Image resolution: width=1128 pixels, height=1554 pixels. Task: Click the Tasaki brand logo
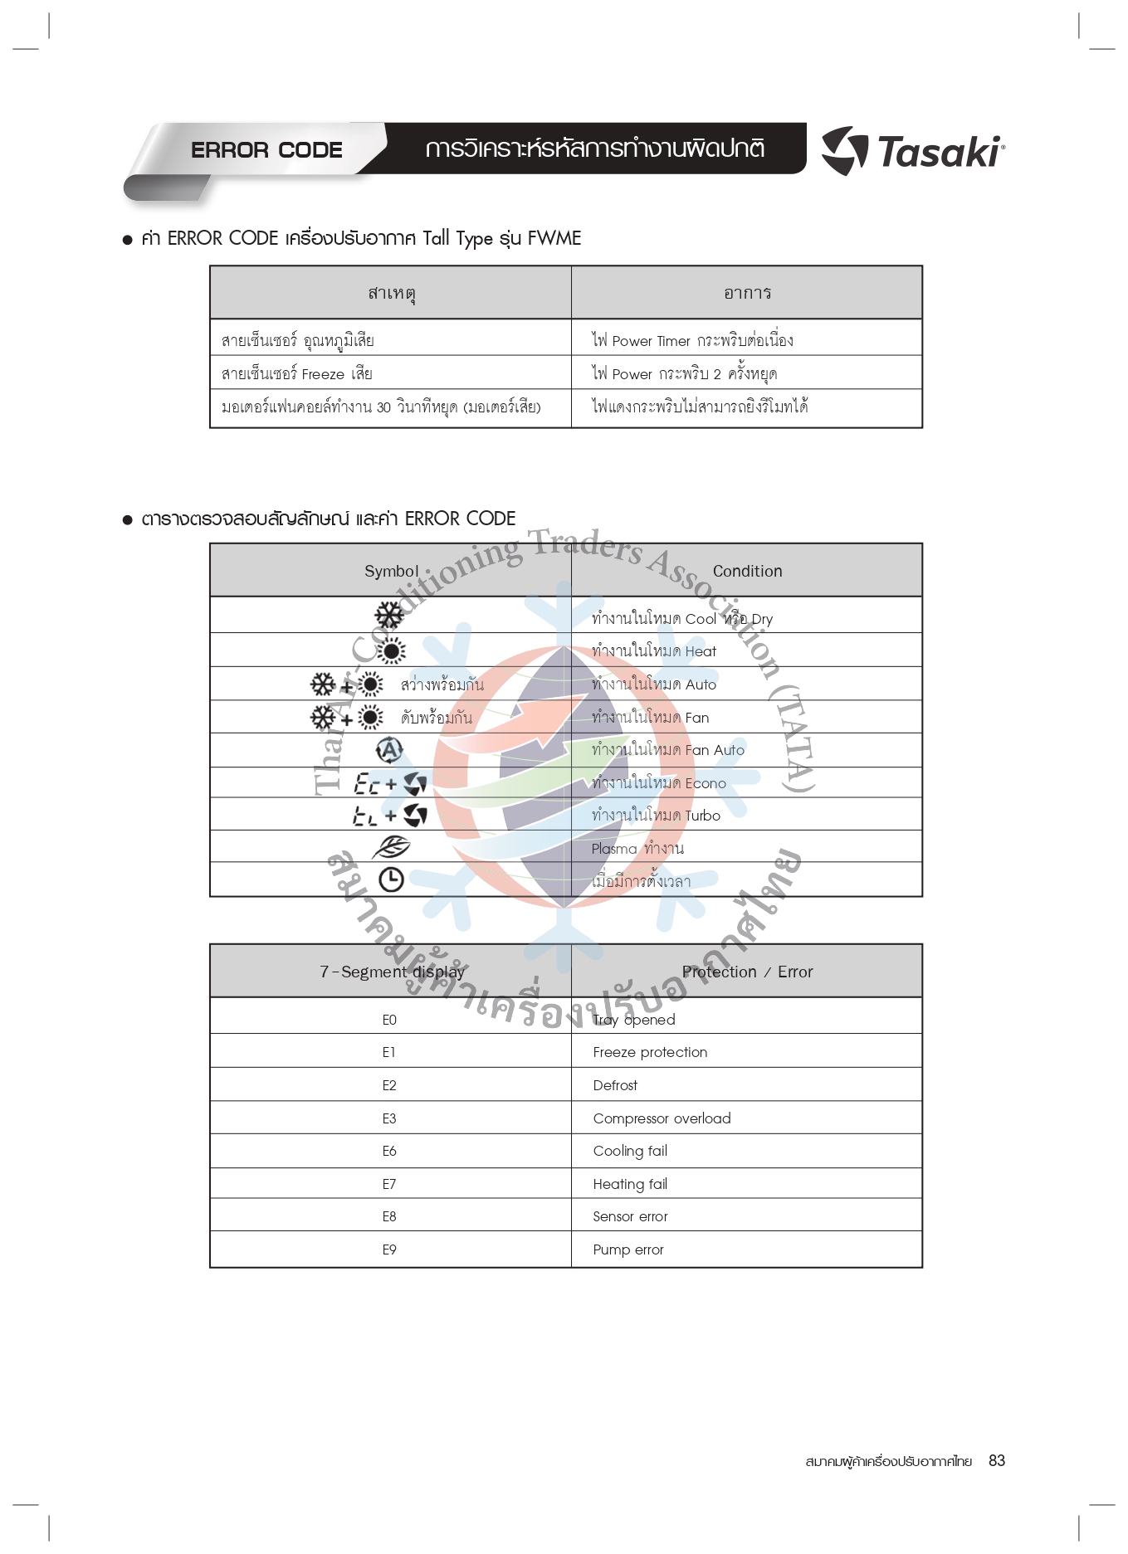(x=913, y=151)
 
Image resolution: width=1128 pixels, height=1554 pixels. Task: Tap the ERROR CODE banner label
(x=266, y=150)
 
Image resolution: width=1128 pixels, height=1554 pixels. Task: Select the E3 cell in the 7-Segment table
(x=389, y=1118)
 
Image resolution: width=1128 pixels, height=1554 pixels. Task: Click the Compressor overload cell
(x=662, y=1118)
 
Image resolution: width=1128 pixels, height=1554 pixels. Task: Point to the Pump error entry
(x=628, y=1250)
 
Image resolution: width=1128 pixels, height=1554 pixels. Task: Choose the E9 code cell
(x=389, y=1250)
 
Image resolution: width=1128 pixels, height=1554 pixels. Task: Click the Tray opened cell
(x=634, y=1020)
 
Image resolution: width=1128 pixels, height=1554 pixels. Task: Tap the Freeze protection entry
(x=650, y=1052)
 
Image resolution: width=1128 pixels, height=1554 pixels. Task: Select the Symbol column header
(x=391, y=571)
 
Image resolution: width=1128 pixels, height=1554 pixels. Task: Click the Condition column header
(x=747, y=571)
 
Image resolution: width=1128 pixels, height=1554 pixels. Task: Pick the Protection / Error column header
(x=747, y=972)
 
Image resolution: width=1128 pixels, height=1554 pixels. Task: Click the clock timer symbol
(x=391, y=879)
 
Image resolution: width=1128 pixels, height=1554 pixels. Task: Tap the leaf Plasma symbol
(x=390, y=847)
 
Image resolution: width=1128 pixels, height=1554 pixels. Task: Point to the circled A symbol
(x=388, y=750)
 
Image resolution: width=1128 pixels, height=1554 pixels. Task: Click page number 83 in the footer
(x=996, y=1461)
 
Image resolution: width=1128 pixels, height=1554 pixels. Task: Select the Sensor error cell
(x=630, y=1216)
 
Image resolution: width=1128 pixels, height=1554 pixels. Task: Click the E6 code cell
(x=389, y=1151)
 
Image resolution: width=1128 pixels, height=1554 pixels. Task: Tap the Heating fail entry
(x=630, y=1184)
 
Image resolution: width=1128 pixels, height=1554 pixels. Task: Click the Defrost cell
(x=615, y=1085)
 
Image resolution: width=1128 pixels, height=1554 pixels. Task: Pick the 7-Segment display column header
(x=392, y=972)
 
